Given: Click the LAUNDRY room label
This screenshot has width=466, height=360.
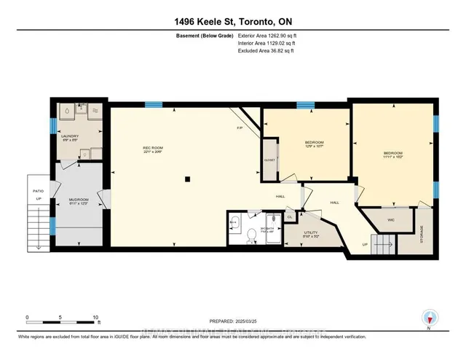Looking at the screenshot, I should pyautogui.click(x=70, y=136).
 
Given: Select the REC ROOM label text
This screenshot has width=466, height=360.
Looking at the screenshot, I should pyautogui.click(x=151, y=148).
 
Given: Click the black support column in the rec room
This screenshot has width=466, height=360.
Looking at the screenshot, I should pyautogui.click(x=188, y=179).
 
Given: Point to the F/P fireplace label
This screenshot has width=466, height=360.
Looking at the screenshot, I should pyautogui.click(x=240, y=128).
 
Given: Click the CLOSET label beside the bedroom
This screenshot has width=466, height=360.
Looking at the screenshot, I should pyautogui.click(x=269, y=159).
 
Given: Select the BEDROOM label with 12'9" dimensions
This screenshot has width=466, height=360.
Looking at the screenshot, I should pyautogui.click(x=314, y=141).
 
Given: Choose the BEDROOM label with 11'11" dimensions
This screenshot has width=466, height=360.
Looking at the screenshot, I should pyautogui.click(x=392, y=153).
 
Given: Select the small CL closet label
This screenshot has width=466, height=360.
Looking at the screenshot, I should pyautogui.click(x=289, y=216).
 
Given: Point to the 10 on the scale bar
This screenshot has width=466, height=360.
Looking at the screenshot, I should pyautogui.click(x=95, y=318).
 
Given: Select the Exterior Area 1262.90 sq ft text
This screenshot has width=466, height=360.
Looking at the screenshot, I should pyautogui.click(x=267, y=36).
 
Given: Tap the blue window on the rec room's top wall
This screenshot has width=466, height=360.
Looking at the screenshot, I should pyautogui.click(x=152, y=104).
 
